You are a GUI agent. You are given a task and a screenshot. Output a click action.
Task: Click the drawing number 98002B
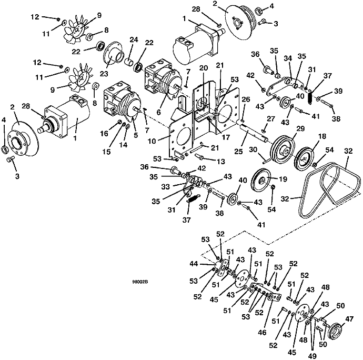coord(140,282)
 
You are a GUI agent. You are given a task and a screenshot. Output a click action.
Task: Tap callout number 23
coord(104,74)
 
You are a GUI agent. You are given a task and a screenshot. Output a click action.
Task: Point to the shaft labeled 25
coord(254,133)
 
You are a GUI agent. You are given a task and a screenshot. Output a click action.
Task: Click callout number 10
coord(152,141)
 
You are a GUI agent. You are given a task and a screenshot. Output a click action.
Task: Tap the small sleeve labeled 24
coord(128,63)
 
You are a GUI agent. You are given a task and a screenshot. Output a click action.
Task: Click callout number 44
coord(194,264)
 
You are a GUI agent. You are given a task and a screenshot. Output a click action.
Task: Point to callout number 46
coord(262,333)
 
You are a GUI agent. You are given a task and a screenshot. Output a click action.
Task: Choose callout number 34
coord(288,58)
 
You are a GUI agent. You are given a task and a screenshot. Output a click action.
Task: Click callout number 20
coord(204,68)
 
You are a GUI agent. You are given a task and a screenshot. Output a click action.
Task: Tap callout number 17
coord(226,137)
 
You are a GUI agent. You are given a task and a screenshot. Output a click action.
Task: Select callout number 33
coord(166,186)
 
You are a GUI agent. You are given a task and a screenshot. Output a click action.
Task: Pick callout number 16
coord(104,133)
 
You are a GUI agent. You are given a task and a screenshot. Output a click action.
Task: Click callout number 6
coord(158,112)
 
